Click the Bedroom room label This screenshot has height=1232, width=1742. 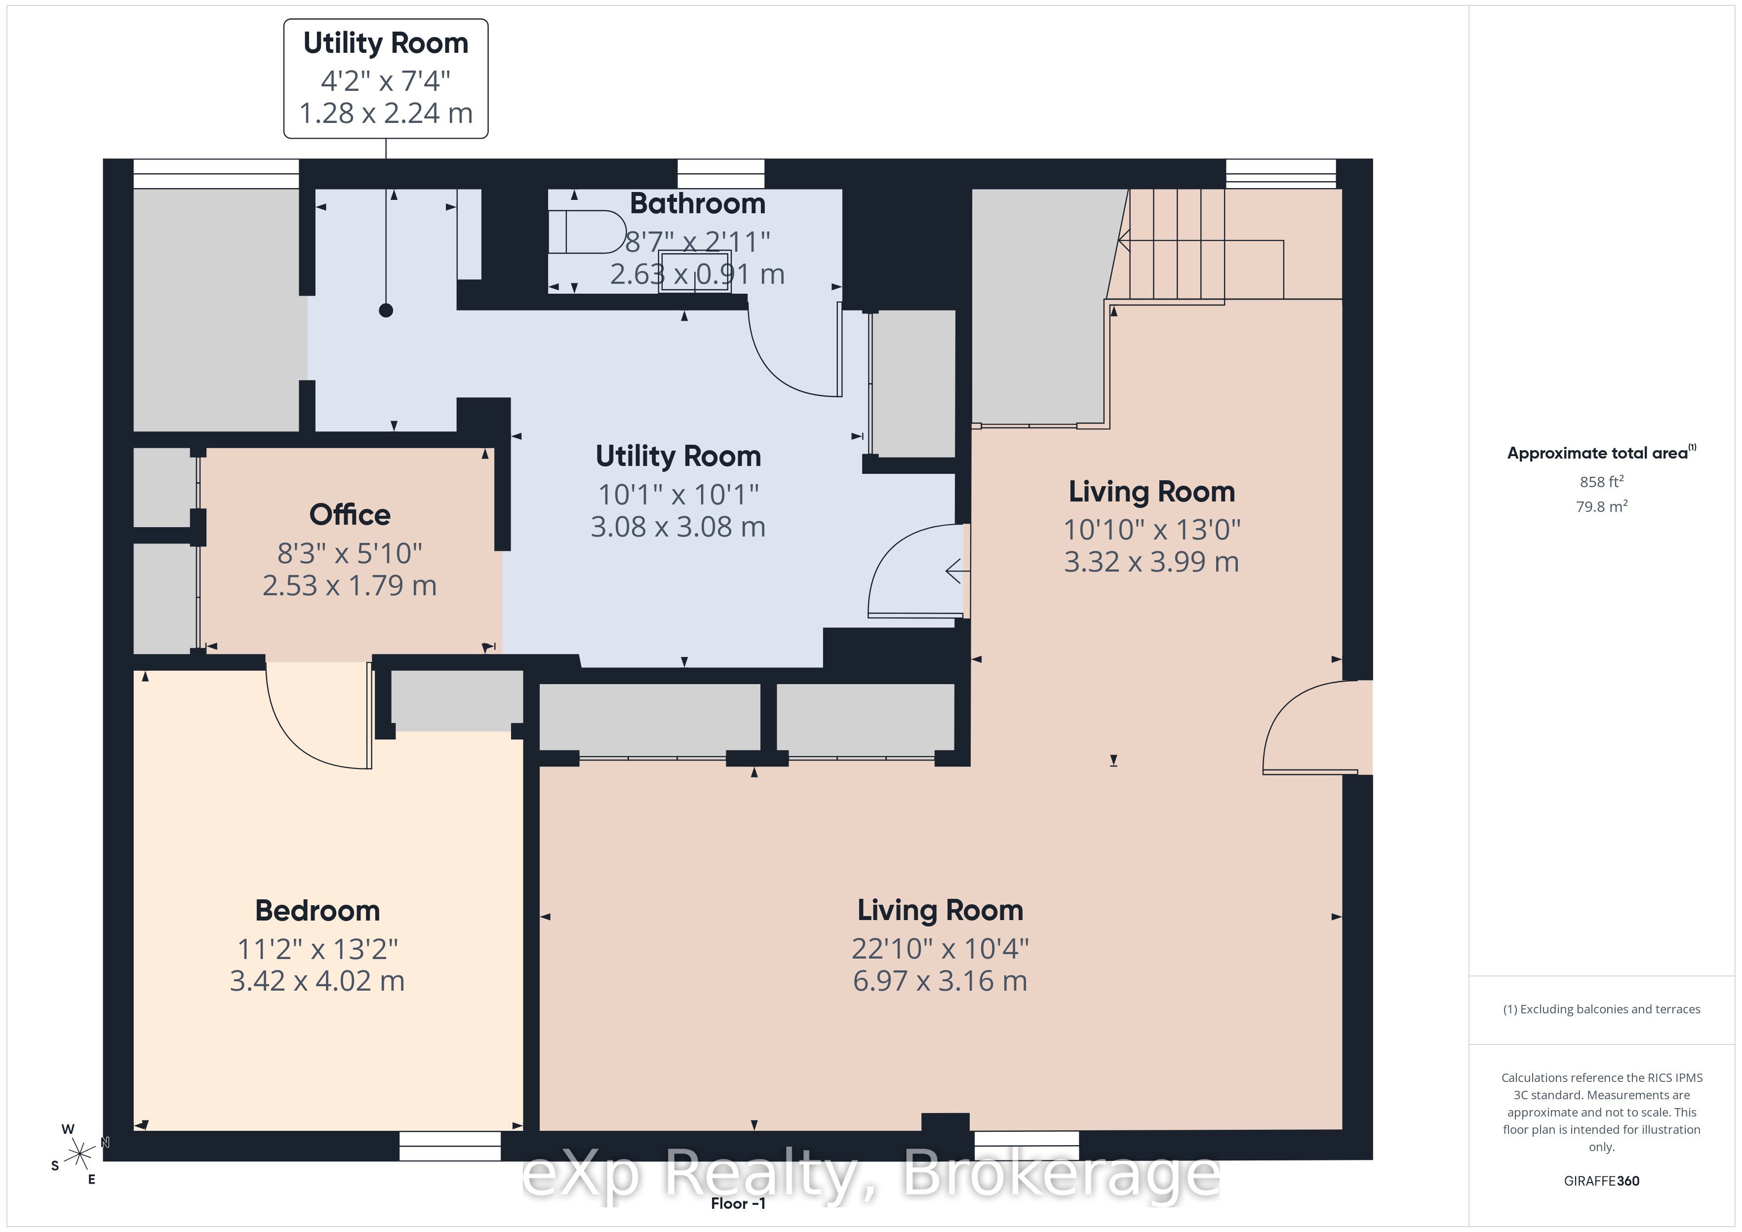(317, 910)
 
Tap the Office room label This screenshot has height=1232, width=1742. (350, 514)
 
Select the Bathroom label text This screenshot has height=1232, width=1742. (697, 203)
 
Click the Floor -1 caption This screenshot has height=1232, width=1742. (738, 1203)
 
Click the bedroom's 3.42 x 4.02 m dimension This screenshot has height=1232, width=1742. (317, 981)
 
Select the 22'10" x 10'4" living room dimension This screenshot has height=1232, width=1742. (940, 948)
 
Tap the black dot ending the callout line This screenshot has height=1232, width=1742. (386, 310)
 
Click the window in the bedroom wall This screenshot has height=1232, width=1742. (450, 1146)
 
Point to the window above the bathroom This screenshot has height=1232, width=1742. (721, 174)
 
